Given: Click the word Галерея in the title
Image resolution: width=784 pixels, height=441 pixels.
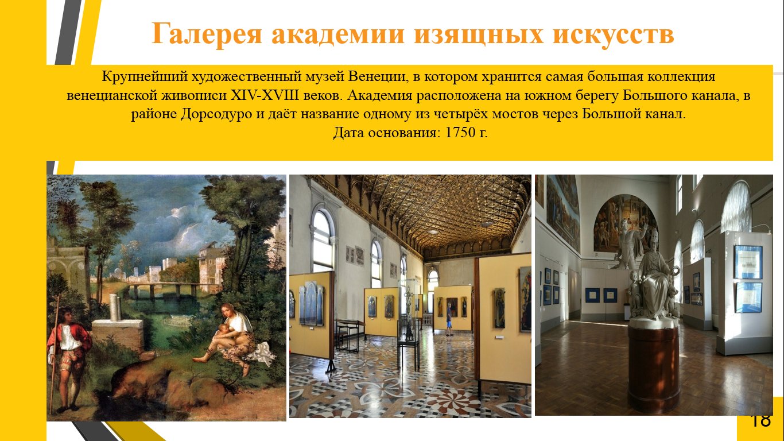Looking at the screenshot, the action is pyautogui.click(x=207, y=34).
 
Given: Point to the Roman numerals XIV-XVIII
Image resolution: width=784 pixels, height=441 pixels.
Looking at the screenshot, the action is pyautogui.click(x=265, y=95).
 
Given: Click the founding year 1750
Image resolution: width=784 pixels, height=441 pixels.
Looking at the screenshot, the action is pyautogui.click(x=460, y=133).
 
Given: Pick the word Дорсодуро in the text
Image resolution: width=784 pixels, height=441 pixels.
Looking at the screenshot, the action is pyautogui.click(x=216, y=114).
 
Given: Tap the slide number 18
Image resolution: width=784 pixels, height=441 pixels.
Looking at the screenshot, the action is pyautogui.click(x=761, y=420).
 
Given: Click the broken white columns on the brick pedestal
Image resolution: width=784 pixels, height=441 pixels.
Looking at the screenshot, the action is pyautogui.click(x=115, y=308).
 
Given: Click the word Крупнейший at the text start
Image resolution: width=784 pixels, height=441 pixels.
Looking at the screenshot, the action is pyautogui.click(x=145, y=77).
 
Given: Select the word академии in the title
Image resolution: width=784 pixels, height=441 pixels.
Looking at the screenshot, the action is pyautogui.click(x=338, y=34).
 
